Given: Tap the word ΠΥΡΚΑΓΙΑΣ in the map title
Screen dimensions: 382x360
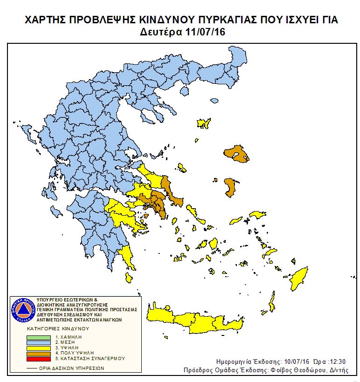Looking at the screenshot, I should [x=223, y=20].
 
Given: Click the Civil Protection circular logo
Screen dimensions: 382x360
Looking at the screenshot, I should [x=21, y=310].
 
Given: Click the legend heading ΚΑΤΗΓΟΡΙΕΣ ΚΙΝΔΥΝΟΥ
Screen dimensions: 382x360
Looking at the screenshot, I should [x=56, y=328].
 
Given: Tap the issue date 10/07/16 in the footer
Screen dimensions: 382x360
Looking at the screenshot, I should [x=297, y=362].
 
